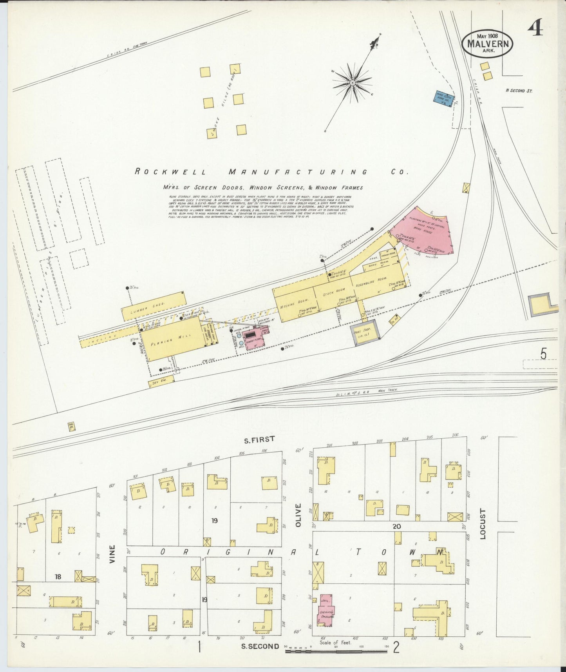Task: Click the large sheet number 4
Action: pos(535,28)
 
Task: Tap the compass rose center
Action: pos(353,83)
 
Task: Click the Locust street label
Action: pos(483,524)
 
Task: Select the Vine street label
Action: pos(112,554)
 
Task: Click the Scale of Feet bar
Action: pos(337,651)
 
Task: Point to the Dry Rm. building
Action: pos(160,383)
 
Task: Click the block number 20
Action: pos(397,526)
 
